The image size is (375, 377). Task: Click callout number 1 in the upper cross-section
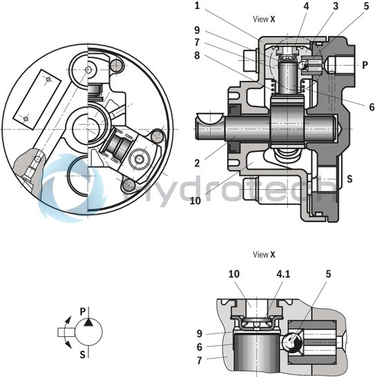pyautogui.click(x=197, y=6)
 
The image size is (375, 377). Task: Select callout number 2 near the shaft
pyautogui.click(x=197, y=163)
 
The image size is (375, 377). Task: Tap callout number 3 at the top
pyautogui.click(x=336, y=6)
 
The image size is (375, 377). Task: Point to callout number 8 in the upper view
pyautogui.click(x=197, y=55)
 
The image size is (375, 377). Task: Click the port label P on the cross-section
pyautogui.click(x=365, y=65)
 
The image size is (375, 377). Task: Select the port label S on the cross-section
pyautogui.click(x=349, y=179)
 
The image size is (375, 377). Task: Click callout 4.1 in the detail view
pyautogui.click(x=283, y=274)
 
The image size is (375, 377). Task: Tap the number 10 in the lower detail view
pyautogui.click(x=234, y=274)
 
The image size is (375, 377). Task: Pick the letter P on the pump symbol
pyautogui.click(x=82, y=312)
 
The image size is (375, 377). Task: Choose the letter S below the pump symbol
pyautogui.click(x=82, y=355)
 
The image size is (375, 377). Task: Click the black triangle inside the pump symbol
pyautogui.click(x=88, y=322)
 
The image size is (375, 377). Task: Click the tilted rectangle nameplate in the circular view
pyautogui.click(x=37, y=99)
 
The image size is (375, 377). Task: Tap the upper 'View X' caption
pyautogui.click(x=264, y=19)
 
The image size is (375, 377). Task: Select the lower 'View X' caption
pyautogui.click(x=264, y=254)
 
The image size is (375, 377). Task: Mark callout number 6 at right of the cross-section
pyautogui.click(x=372, y=107)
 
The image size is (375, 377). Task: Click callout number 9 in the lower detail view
pyautogui.click(x=200, y=333)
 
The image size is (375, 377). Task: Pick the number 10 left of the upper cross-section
pyautogui.click(x=195, y=200)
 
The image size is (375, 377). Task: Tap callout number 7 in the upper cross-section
pyautogui.click(x=197, y=42)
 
